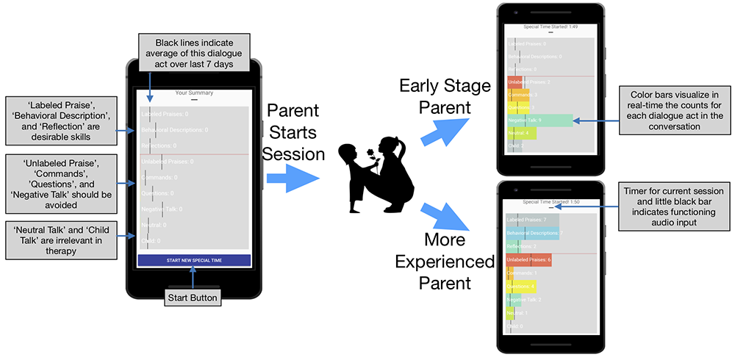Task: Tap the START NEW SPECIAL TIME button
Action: click(x=194, y=260)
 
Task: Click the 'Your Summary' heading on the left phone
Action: click(x=194, y=93)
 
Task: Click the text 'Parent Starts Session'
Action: click(x=293, y=133)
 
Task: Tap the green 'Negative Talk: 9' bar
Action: click(x=539, y=120)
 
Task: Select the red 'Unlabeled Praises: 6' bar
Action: click(x=528, y=259)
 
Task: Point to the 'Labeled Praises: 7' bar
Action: click(x=532, y=220)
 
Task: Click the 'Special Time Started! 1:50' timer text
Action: click(x=550, y=201)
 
